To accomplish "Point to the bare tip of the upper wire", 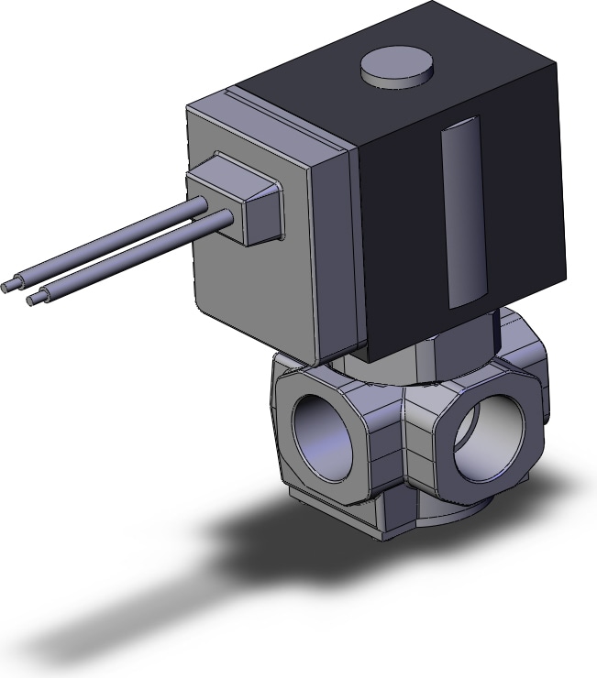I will click(8, 287).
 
